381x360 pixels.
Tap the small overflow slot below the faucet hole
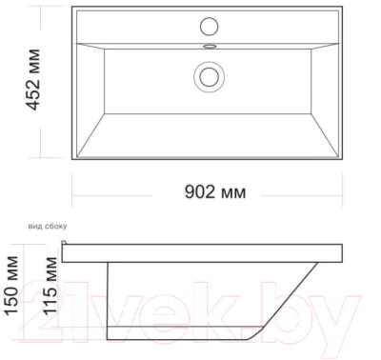point(210,43)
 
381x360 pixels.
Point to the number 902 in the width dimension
point(198,191)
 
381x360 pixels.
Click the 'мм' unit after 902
point(232,192)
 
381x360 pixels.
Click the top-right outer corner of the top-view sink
point(344,8)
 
